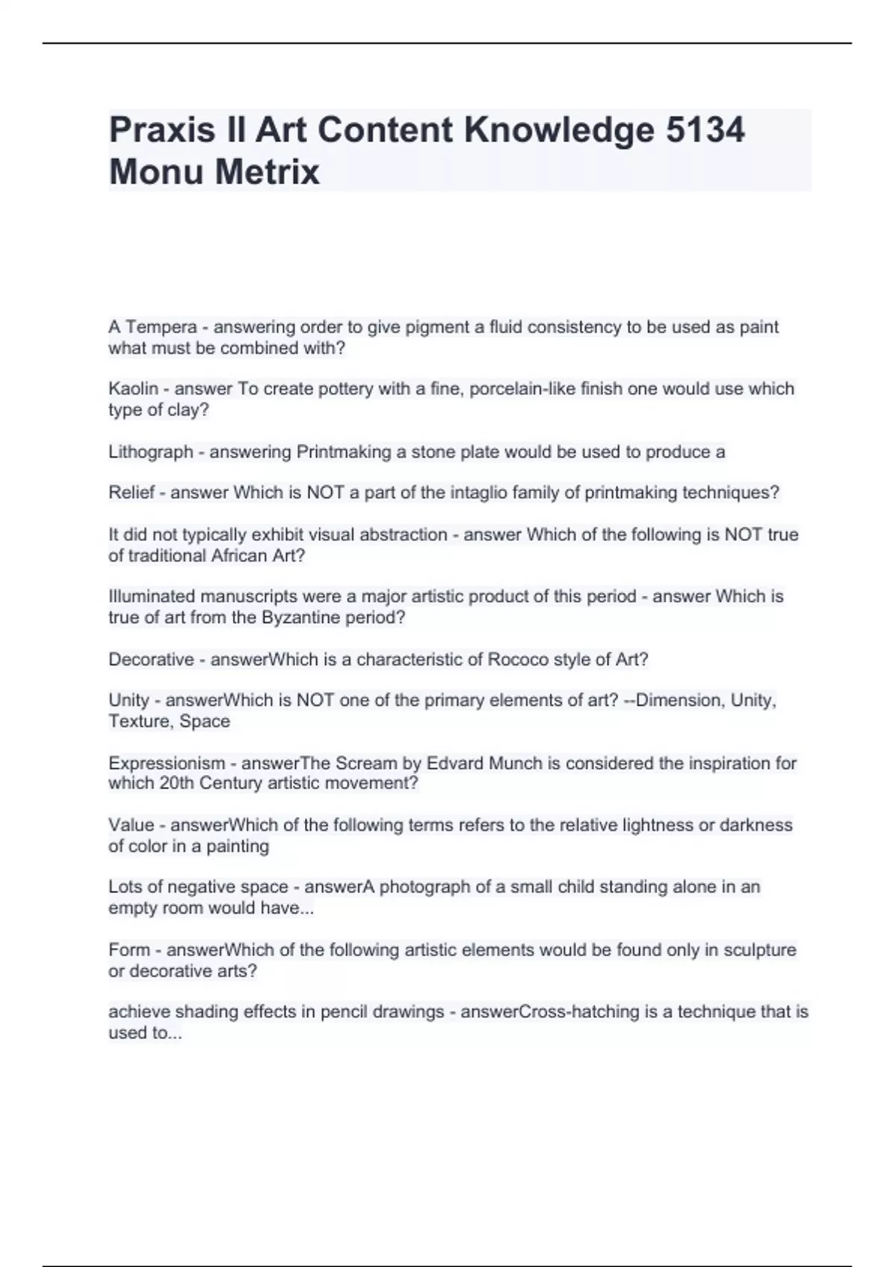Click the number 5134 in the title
(704, 130)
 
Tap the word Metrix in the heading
(267, 172)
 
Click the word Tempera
(161, 327)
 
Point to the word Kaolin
(133, 389)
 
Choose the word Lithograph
(151, 452)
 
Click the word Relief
(131, 493)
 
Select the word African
(239, 556)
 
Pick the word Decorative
(151, 660)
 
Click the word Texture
(139, 721)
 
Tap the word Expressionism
(166, 763)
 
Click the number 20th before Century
(176, 783)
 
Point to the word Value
(131, 825)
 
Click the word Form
(129, 950)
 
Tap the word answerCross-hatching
(550, 1012)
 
